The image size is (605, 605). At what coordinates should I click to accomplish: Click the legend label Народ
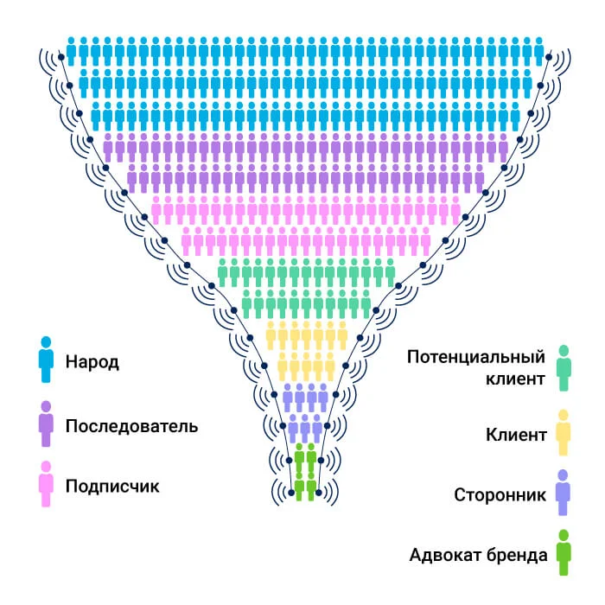[x=92, y=361]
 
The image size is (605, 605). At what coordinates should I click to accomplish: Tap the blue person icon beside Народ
[x=46, y=360]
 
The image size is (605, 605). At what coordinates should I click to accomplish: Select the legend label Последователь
[x=131, y=426]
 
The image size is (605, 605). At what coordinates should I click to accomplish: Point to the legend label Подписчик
[x=112, y=486]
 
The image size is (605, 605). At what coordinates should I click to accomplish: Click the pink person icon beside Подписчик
[x=46, y=484]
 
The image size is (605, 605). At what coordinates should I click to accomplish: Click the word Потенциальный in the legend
[x=477, y=358]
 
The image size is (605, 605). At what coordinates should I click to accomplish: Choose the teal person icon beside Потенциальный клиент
[x=564, y=367]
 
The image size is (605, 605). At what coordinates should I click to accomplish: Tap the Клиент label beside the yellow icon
[x=517, y=434]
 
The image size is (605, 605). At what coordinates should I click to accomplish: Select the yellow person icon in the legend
[x=564, y=432]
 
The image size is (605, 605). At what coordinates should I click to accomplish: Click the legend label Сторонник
[x=500, y=495]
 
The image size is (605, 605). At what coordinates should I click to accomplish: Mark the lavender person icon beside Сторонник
[x=564, y=493]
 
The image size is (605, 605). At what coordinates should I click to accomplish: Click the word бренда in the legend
[x=519, y=555]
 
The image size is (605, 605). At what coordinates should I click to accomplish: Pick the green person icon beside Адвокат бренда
[x=564, y=553]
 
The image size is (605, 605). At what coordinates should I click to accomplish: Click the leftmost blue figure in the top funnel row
[x=72, y=50]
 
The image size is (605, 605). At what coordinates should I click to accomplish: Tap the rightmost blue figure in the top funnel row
[x=539, y=50]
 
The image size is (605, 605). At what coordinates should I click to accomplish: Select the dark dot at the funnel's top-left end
[x=62, y=57]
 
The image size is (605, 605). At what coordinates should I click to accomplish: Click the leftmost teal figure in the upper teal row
[x=223, y=272]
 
